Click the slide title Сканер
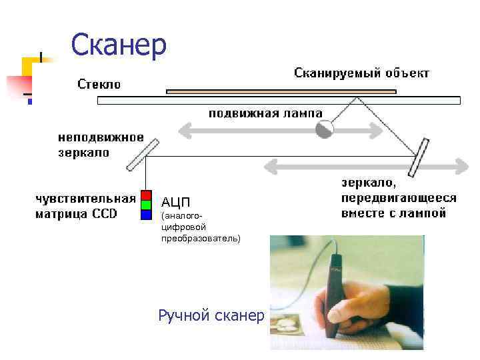point(119,45)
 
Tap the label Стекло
point(99,84)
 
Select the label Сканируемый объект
point(361,73)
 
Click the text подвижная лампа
point(265,113)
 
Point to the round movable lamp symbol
point(325,129)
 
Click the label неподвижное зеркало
point(100,145)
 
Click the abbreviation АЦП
point(175,202)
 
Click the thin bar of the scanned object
point(281,91)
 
